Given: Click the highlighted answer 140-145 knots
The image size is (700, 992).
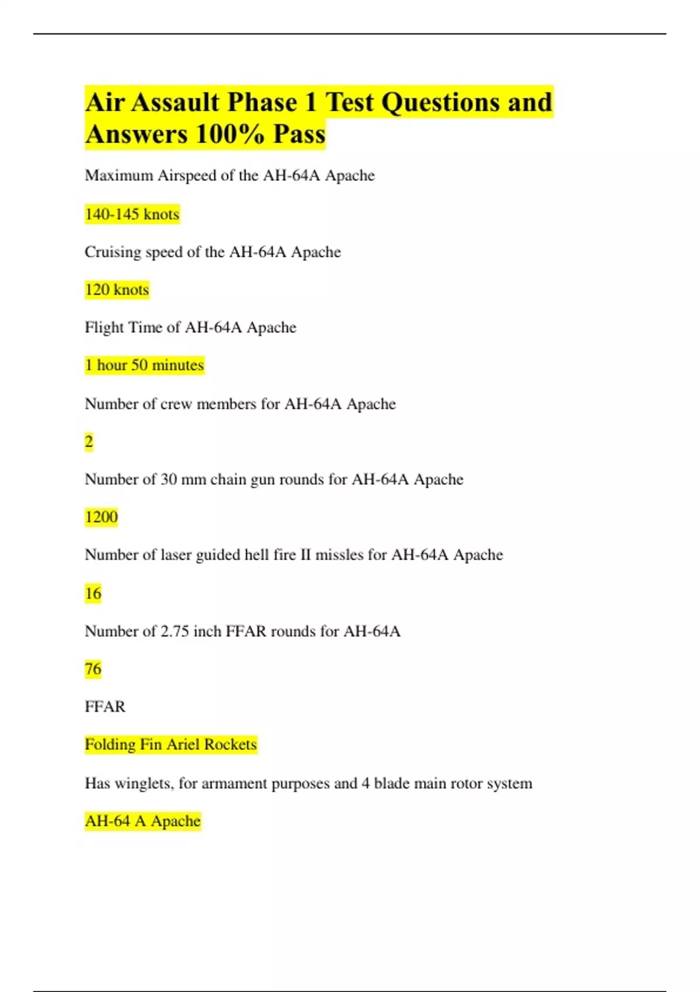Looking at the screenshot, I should tap(132, 214).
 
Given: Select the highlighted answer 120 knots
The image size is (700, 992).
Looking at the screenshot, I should tap(117, 289).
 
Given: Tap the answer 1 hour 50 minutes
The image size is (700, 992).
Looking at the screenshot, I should tap(144, 365).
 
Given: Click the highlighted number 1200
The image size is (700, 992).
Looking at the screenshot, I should tap(101, 516).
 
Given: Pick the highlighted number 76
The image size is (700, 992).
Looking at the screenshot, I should tap(93, 668).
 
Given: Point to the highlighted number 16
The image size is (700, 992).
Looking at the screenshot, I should tap(93, 593).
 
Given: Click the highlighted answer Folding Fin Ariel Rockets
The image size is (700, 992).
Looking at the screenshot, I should tap(170, 744).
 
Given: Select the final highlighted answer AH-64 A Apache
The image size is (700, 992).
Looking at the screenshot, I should tap(142, 820).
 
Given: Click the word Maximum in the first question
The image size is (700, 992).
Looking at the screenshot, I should tap(119, 176).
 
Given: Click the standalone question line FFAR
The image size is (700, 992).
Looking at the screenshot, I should tap(105, 707).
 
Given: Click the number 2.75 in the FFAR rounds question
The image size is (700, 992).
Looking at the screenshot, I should tap(174, 631).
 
